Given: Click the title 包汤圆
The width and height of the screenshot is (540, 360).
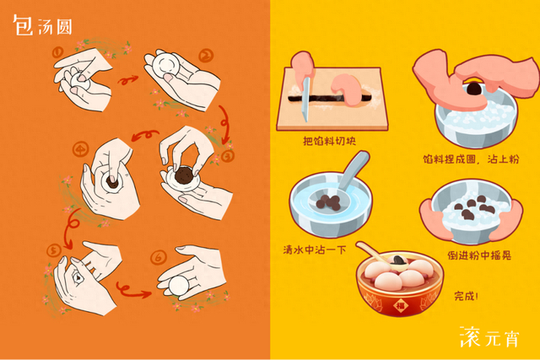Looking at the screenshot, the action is click(42, 24).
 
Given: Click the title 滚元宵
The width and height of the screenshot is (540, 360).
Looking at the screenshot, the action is click(489, 336).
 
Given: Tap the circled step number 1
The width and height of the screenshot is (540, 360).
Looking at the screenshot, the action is click(57, 52).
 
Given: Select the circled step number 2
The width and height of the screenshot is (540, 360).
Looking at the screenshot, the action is click(206, 56).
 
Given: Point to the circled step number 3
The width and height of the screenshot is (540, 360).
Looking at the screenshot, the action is click(227, 156).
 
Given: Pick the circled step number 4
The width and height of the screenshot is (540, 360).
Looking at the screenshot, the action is click(81, 149).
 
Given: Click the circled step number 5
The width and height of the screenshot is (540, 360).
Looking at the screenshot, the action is click(54, 250).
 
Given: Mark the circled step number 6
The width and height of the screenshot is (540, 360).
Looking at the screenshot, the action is click(159, 257).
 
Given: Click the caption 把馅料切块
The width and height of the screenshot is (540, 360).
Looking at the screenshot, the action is click(329, 141).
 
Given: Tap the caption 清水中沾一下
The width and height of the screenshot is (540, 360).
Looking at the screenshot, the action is click(315, 250).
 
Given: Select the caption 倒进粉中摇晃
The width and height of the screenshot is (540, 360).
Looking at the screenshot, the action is click(479, 255).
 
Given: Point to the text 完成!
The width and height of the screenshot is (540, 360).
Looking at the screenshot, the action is click(466, 296).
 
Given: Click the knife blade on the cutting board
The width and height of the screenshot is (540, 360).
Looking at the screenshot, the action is click(305, 99).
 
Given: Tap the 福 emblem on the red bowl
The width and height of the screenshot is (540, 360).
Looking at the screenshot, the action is click(400, 306).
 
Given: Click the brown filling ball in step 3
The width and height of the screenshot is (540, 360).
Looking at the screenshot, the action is click(184, 175).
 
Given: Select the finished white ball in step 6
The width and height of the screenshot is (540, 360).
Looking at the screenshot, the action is click(179, 285).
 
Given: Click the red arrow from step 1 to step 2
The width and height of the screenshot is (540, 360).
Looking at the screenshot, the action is click(127, 80).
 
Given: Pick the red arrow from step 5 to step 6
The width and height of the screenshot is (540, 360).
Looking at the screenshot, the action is click(133, 291).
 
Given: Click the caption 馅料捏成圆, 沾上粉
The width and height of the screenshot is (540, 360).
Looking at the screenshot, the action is click(471, 159).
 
